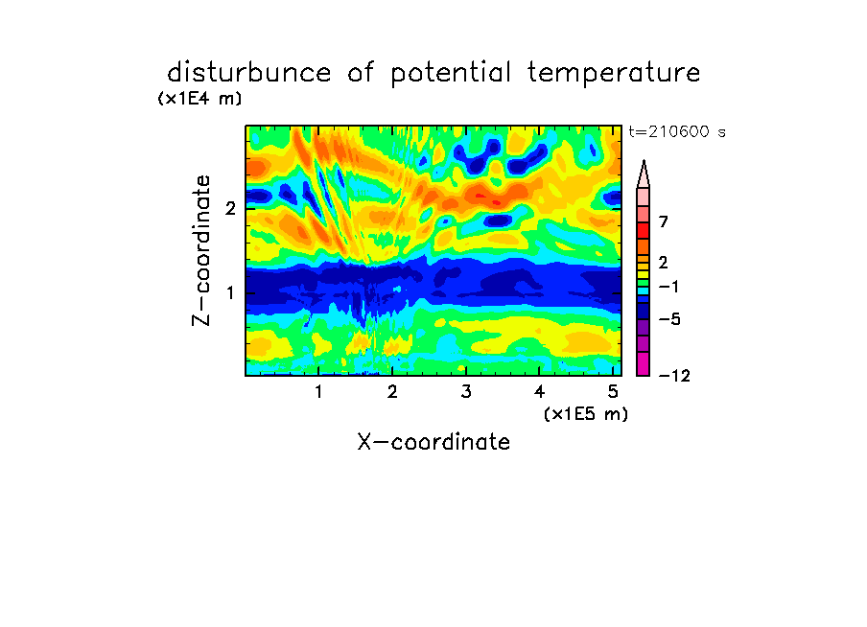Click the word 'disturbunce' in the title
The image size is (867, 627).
[249, 72]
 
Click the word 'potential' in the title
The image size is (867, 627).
[451, 74]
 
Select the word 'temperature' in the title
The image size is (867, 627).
[614, 74]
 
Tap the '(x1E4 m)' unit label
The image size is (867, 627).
[199, 99]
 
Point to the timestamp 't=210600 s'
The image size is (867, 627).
[677, 131]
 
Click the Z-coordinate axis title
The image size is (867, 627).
[201, 250]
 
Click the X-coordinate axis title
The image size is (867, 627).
[433, 442]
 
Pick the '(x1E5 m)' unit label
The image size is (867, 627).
[586, 414]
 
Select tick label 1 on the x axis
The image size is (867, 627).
[318, 392]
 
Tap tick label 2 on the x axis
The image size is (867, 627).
[392, 392]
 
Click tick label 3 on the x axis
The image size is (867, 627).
[466, 392]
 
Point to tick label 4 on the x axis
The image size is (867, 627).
[539, 392]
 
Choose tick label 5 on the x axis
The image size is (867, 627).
[613, 392]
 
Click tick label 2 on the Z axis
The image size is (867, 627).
[230, 208]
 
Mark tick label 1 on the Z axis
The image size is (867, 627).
[230, 292]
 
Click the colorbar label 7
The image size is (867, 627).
[664, 221]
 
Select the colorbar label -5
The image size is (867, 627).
[669, 319]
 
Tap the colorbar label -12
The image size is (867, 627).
[674, 376]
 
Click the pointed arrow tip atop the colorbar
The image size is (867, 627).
[644, 160]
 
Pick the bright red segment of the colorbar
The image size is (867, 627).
[644, 230]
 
